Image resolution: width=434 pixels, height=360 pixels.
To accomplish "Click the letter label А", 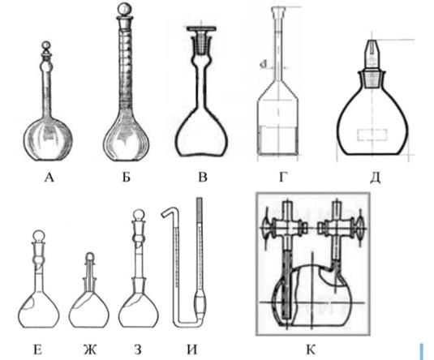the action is (x=49, y=178).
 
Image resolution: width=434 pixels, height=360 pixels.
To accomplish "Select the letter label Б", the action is (x=127, y=178).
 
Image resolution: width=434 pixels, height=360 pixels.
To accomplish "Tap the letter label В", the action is (x=203, y=178).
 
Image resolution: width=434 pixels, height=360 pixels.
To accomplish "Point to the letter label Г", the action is (x=282, y=178).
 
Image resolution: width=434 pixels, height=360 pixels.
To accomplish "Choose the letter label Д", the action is (x=375, y=178).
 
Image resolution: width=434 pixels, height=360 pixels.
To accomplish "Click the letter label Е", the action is (x=38, y=350).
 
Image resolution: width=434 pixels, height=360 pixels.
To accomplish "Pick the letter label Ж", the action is (x=90, y=350).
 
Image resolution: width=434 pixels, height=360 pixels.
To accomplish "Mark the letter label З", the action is (x=138, y=350).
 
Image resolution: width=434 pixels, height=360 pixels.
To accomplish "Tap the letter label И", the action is (x=192, y=350).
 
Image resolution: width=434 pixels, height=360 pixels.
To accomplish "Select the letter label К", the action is (x=311, y=350).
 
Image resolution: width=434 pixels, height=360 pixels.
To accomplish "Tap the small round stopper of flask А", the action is (x=46, y=45).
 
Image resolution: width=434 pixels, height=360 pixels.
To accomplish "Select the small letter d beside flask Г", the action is (x=263, y=65).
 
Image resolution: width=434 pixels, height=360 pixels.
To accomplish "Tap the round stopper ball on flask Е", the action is (x=39, y=236).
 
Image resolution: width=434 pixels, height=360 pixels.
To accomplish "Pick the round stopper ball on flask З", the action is (x=138, y=216).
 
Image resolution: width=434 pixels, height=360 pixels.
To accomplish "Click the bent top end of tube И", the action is (x=166, y=212).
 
